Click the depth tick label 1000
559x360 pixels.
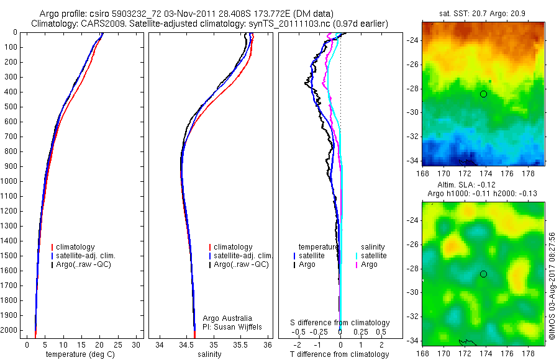[10, 181]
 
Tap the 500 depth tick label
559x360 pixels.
[12, 107]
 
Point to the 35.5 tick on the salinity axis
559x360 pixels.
[241, 344]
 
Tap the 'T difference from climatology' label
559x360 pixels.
[340, 354]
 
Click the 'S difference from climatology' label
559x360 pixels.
[340, 323]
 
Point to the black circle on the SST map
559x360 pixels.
[483, 94]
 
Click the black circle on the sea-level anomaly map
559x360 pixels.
[483, 274]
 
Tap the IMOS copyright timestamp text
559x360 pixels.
[552, 286]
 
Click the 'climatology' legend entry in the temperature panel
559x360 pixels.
[76, 247]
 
